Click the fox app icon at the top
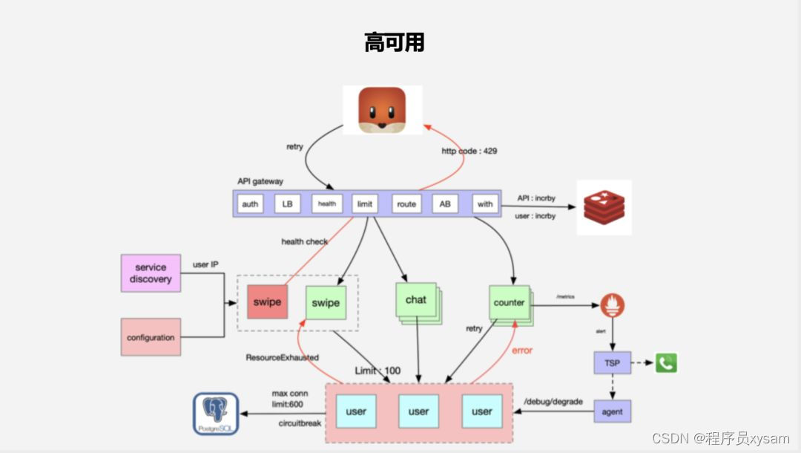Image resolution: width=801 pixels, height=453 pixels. point(382,110)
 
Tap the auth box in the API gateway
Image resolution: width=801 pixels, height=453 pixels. point(250,203)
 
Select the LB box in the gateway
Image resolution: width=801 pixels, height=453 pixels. point(287,203)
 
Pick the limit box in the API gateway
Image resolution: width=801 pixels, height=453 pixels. point(365,203)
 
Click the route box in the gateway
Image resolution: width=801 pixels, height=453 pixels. point(406,203)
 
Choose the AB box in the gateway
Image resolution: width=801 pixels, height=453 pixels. point(445,203)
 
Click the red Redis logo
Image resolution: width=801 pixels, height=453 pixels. point(605,207)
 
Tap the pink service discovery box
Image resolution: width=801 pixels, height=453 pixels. point(151,273)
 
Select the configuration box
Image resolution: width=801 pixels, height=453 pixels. point(151,337)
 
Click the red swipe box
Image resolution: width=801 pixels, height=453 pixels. point(266,302)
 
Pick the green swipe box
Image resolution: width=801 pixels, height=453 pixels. point(326,302)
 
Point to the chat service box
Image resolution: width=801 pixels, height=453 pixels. point(416,300)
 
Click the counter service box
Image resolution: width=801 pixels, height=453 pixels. point(509,302)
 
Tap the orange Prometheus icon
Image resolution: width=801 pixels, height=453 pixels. point(613,305)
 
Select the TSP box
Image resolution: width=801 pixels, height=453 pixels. point(612,363)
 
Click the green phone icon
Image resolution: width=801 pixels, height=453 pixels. point(667,362)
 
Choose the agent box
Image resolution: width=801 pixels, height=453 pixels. point(612,411)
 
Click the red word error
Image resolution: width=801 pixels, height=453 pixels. point(522,350)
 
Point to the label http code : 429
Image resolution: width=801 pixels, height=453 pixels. point(469,151)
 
